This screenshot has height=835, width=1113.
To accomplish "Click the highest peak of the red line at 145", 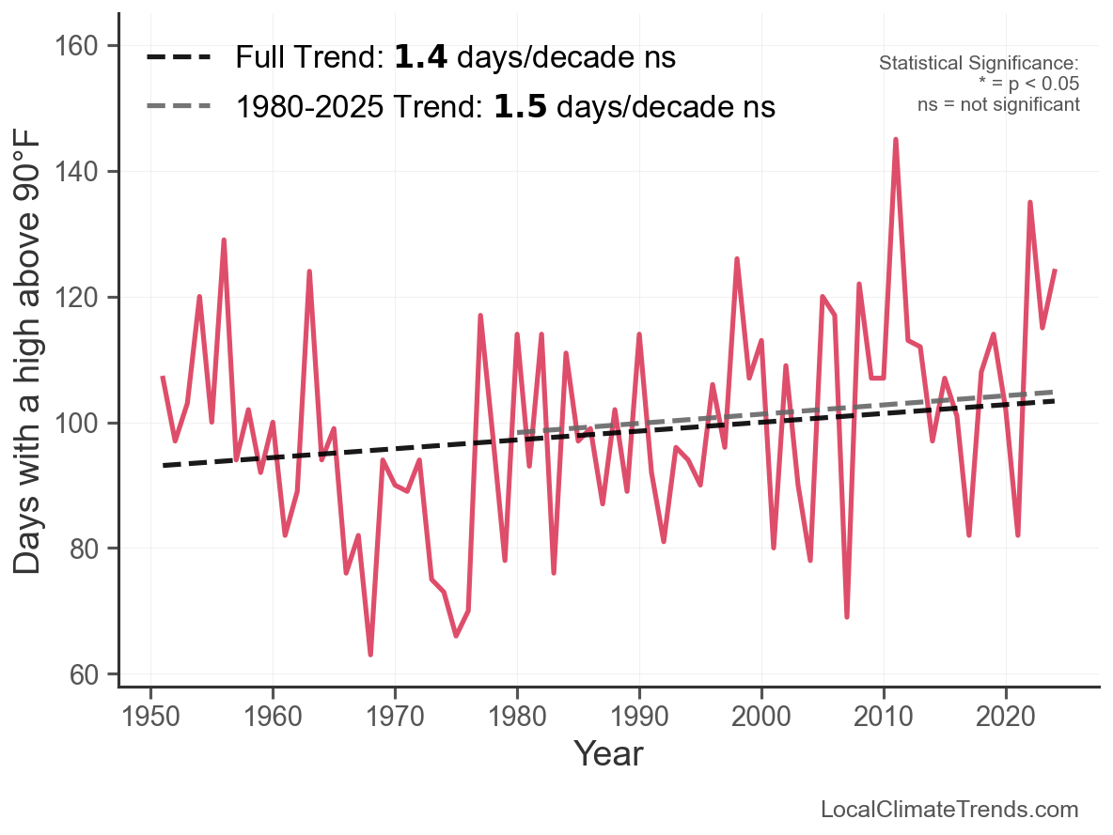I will click(x=896, y=140).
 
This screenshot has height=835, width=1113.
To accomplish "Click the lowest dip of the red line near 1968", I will click(x=370, y=654).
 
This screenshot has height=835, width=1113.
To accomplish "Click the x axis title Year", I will click(x=608, y=753).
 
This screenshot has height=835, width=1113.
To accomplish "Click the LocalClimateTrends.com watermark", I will click(x=949, y=810).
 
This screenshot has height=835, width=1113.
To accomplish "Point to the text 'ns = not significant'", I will click(x=998, y=104).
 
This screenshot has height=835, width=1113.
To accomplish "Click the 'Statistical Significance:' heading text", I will click(x=979, y=63).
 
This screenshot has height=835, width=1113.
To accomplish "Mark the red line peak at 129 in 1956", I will click(x=224, y=240).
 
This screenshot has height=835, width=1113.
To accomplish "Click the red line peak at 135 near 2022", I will click(x=1030, y=203).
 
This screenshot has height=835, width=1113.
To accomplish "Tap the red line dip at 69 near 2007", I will click(x=847, y=616).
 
